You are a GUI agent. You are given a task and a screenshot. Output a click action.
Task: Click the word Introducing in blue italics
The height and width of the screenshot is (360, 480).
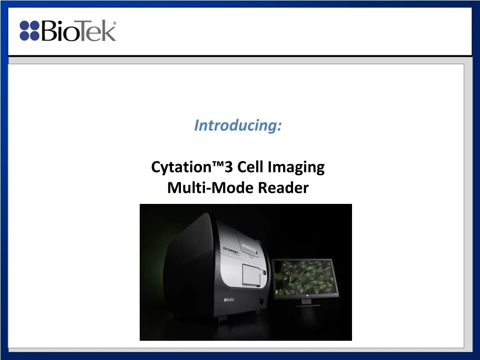(x=238, y=126)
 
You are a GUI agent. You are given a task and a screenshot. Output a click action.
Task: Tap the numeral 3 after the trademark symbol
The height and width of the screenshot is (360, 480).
(x=231, y=167)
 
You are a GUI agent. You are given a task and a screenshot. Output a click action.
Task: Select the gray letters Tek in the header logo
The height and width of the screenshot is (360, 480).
(x=97, y=31)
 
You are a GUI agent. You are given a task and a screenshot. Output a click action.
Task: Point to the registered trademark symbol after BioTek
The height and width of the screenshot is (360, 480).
(x=115, y=23)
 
